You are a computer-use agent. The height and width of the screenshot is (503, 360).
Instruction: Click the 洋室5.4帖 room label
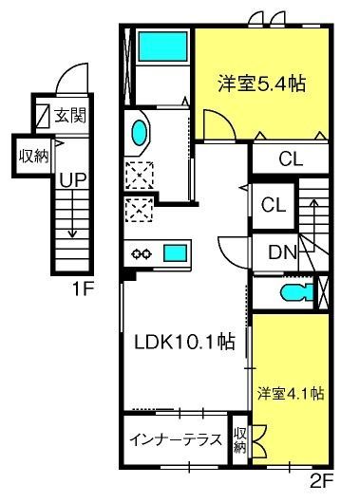261,84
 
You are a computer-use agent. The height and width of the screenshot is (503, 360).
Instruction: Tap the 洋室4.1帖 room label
291,393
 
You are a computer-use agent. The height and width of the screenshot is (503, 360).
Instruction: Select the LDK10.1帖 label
184,342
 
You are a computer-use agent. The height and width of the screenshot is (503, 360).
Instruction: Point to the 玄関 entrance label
70,115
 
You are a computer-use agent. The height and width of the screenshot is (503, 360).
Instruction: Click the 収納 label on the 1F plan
33,157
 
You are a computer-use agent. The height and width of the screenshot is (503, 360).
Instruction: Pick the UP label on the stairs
73,180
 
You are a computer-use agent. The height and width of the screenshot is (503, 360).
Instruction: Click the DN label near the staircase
282,252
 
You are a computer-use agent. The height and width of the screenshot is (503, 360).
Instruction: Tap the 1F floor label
84,289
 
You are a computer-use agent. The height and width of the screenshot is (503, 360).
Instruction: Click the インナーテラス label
176,439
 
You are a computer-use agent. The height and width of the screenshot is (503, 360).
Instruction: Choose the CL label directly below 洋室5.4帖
291,158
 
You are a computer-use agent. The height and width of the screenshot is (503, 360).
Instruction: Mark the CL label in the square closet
274,205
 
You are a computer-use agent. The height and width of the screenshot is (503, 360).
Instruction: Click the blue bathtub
162,47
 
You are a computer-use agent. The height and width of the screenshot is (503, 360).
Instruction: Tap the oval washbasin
140,132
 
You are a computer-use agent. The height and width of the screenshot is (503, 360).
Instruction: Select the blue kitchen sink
176,253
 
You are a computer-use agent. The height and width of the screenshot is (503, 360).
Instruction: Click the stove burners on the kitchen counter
142,253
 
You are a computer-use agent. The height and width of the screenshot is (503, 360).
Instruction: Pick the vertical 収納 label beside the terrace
240,440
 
